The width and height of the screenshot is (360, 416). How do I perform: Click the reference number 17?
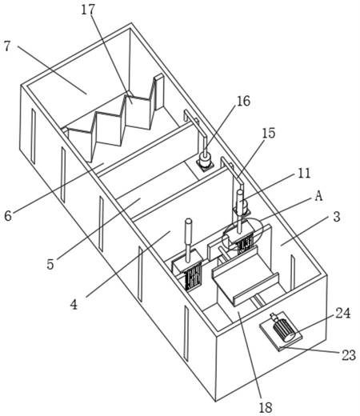click(88, 10)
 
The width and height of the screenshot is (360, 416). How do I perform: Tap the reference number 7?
click(7, 46)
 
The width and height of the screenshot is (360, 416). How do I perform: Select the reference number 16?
click(243, 101)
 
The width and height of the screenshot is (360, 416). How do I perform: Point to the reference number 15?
click(269, 133)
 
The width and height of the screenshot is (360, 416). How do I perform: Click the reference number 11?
click(304, 173)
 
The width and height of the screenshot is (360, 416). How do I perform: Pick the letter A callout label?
click(318, 196)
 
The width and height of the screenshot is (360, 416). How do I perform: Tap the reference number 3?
click(337, 217)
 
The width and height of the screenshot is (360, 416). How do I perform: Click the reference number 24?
click(342, 313)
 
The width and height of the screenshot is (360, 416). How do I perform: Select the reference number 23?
click(349, 355)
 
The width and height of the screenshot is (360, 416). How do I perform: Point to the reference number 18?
click(266, 407)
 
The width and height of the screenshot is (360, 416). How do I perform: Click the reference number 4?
click(74, 304)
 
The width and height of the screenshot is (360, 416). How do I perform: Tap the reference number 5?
click(50, 264)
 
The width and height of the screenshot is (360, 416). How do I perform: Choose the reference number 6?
click(8, 216)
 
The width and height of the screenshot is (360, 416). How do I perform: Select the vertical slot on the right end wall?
click(293, 272)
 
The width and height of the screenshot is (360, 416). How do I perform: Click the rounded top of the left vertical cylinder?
click(189, 222)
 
